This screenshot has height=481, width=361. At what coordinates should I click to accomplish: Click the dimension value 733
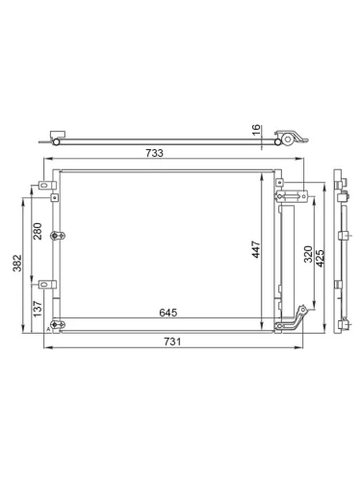[x=154, y=153]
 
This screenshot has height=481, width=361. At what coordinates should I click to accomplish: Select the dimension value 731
[x=172, y=342]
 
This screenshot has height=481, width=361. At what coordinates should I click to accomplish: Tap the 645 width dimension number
[x=168, y=313]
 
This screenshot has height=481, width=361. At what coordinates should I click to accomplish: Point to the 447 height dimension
[x=256, y=249]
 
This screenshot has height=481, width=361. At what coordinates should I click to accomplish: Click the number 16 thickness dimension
[x=256, y=130]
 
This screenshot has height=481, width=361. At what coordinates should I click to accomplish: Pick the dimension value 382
[x=17, y=263]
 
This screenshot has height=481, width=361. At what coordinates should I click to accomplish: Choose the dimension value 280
[x=38, y=231]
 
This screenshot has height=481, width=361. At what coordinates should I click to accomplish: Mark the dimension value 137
[x=38, y=309]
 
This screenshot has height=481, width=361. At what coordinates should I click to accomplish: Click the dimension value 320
[x=308, y=254]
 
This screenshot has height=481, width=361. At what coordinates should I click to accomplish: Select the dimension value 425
[x=321, y=258]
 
